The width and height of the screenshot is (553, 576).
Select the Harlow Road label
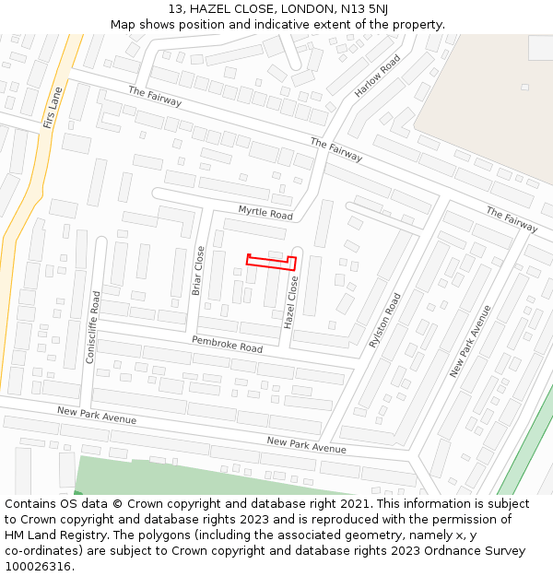[378, 76]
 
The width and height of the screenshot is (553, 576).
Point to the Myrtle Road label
[265, 213]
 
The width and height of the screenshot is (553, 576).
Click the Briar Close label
[199, 270]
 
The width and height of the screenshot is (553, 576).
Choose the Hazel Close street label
[290, 302]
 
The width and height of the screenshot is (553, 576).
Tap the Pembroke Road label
[227, 345]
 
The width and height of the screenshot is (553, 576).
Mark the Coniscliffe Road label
[93, 327]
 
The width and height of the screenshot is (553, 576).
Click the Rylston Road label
[386, 320]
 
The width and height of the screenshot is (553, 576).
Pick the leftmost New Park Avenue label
[96, 416]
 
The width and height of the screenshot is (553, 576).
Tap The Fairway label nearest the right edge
[512, 219]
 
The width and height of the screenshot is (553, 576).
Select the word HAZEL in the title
[214, 8]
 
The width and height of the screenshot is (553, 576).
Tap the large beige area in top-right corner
[488, 101]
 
